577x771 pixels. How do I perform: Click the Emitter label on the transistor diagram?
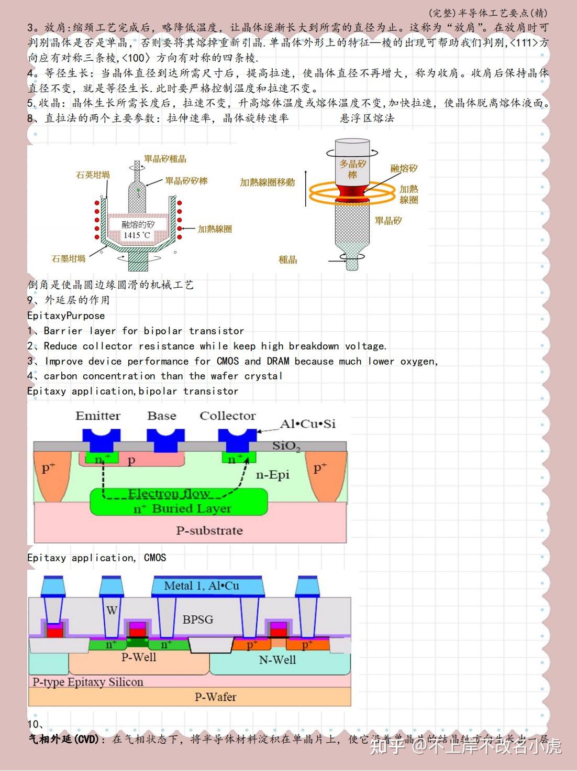point(98,416)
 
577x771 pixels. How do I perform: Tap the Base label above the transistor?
point(162,416)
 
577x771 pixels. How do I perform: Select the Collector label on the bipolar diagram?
point(228,416)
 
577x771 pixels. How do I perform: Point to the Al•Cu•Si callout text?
point(308,424)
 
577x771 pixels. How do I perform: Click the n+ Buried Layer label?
point(182,508)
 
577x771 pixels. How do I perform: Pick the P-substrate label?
point(209,530)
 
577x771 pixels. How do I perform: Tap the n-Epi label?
point(272,475)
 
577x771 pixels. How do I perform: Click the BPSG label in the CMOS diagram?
point(198,620)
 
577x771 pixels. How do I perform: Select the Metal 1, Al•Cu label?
point(202,586)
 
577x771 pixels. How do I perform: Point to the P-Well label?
point(139,657)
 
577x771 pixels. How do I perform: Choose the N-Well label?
point(278,660)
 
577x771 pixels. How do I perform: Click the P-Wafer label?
point(215,697)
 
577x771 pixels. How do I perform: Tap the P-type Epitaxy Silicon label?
point(87,682)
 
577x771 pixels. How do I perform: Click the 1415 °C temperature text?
point(137,235)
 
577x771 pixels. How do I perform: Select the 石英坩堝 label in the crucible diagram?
point(93,175)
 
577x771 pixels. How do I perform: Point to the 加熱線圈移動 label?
point(268,182)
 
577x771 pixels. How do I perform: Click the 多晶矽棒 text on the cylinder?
point(352,169)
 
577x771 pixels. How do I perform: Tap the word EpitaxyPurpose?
point(66,316)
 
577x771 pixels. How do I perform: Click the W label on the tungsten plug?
point(112,610)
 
